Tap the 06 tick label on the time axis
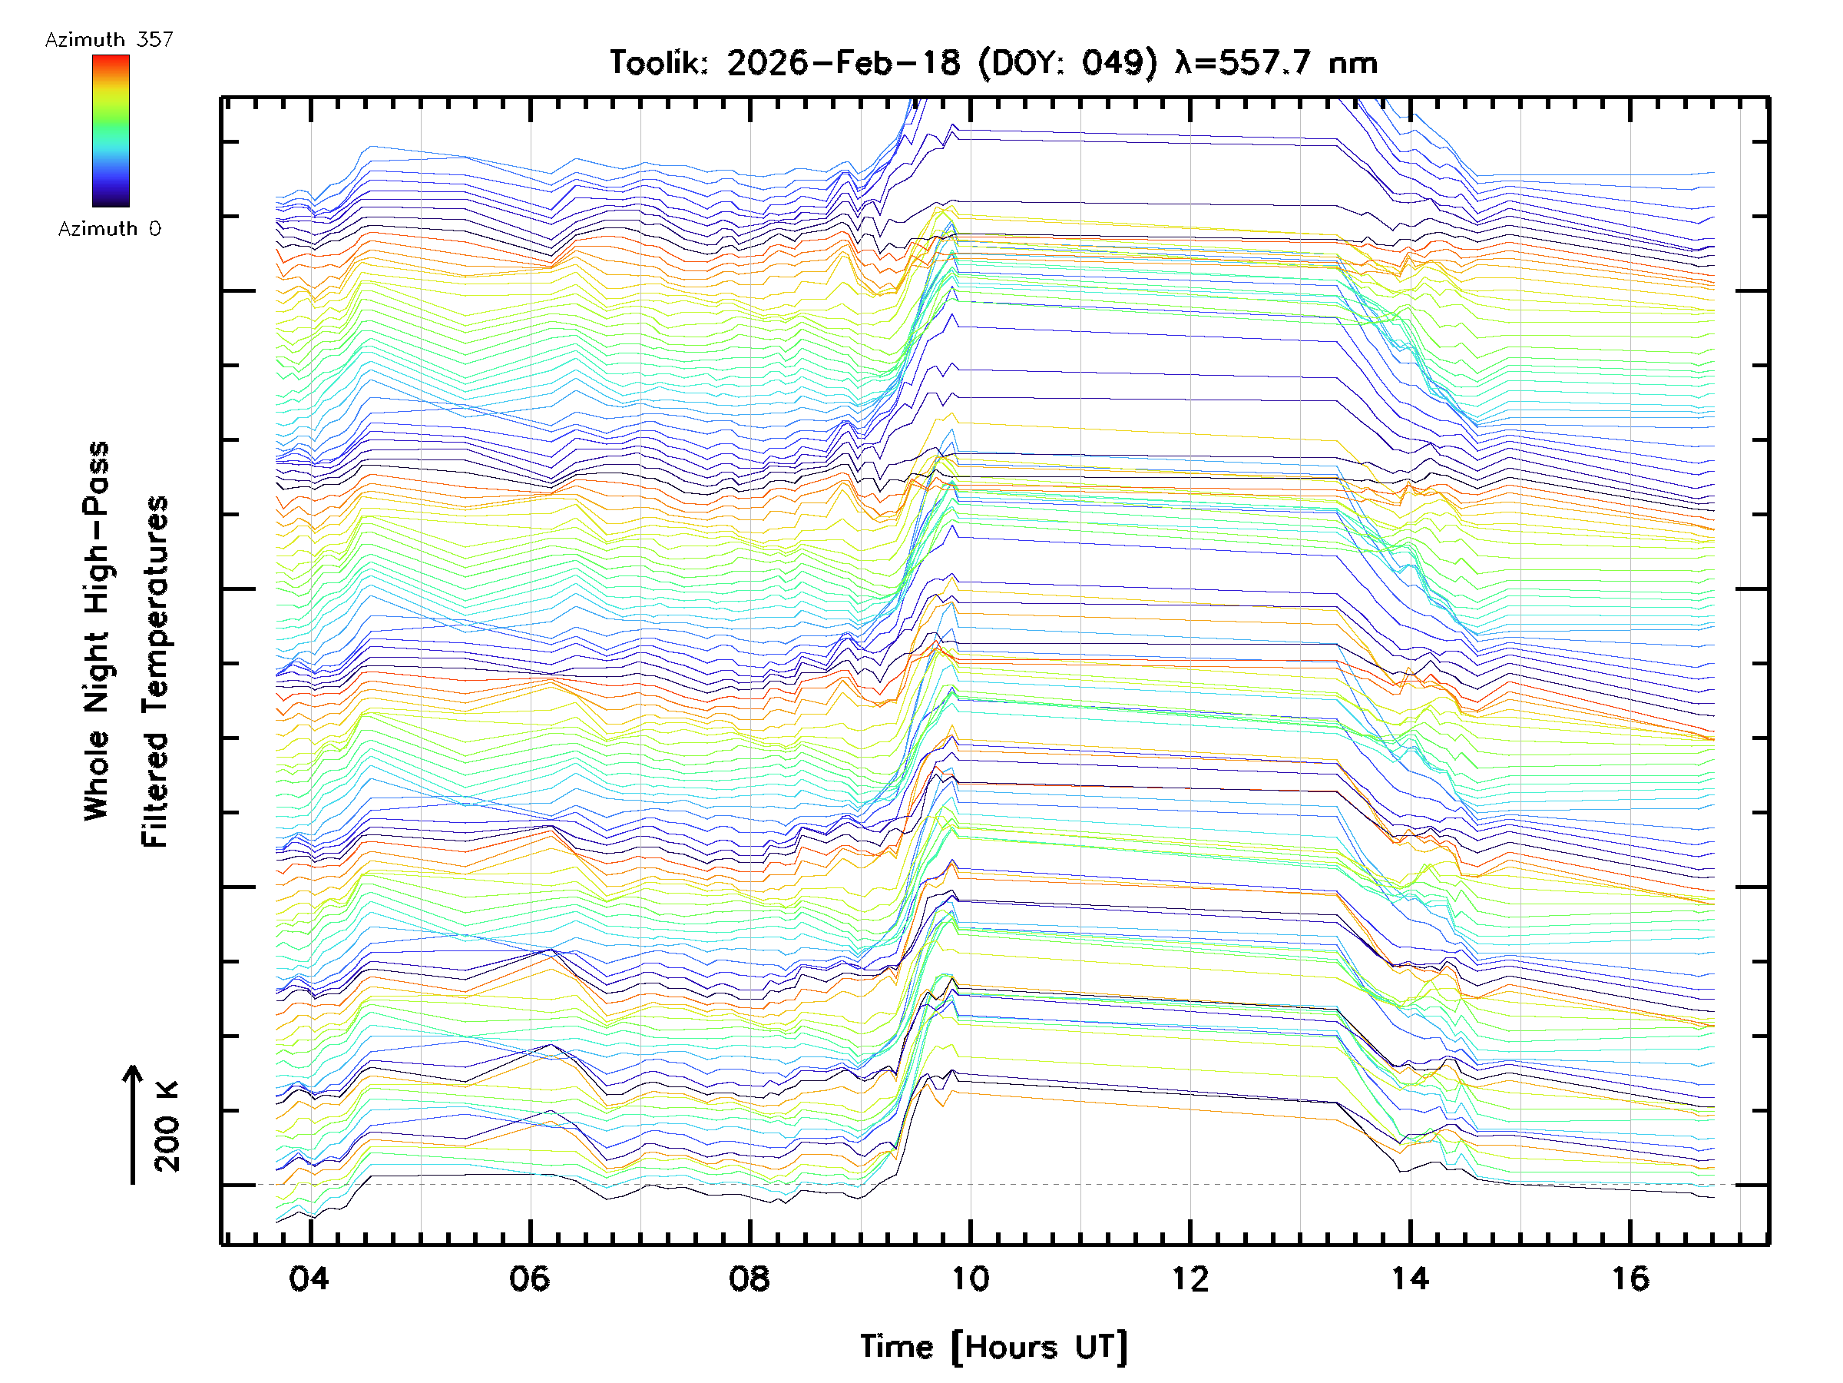pos(529,1278)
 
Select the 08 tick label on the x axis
pos(749,1278)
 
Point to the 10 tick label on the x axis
pos(970,1278)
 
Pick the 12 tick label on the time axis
pos(1190,1278)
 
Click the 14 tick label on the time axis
pos(1410,1278)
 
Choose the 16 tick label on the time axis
pos(1630,1278)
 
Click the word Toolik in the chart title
pos(658,63)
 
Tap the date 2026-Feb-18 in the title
pos(843,63)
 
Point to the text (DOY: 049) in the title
pos(1068,63)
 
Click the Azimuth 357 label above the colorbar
pos(109,40)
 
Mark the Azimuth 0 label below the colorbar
pos(109,228)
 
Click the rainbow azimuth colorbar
pos(111,131)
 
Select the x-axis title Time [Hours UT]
pos(994,1347)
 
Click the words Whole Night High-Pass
pos(97,631)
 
